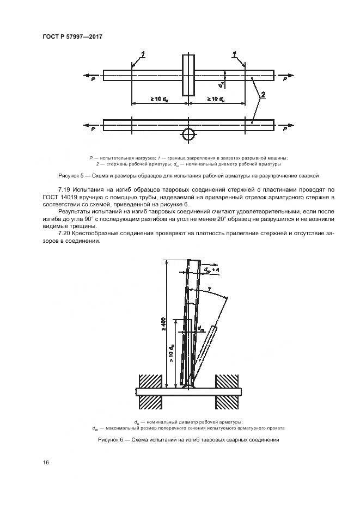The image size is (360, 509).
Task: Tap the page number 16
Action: tap(47, 463)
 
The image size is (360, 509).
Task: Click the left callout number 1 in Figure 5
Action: tap(143, 54)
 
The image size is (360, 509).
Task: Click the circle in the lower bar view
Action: tap(188, 133)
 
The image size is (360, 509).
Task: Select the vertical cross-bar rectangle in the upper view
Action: tap(188, 75)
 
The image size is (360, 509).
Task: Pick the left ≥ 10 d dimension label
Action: tap(159, 99)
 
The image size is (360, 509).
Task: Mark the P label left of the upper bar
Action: tap(93, 79)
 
